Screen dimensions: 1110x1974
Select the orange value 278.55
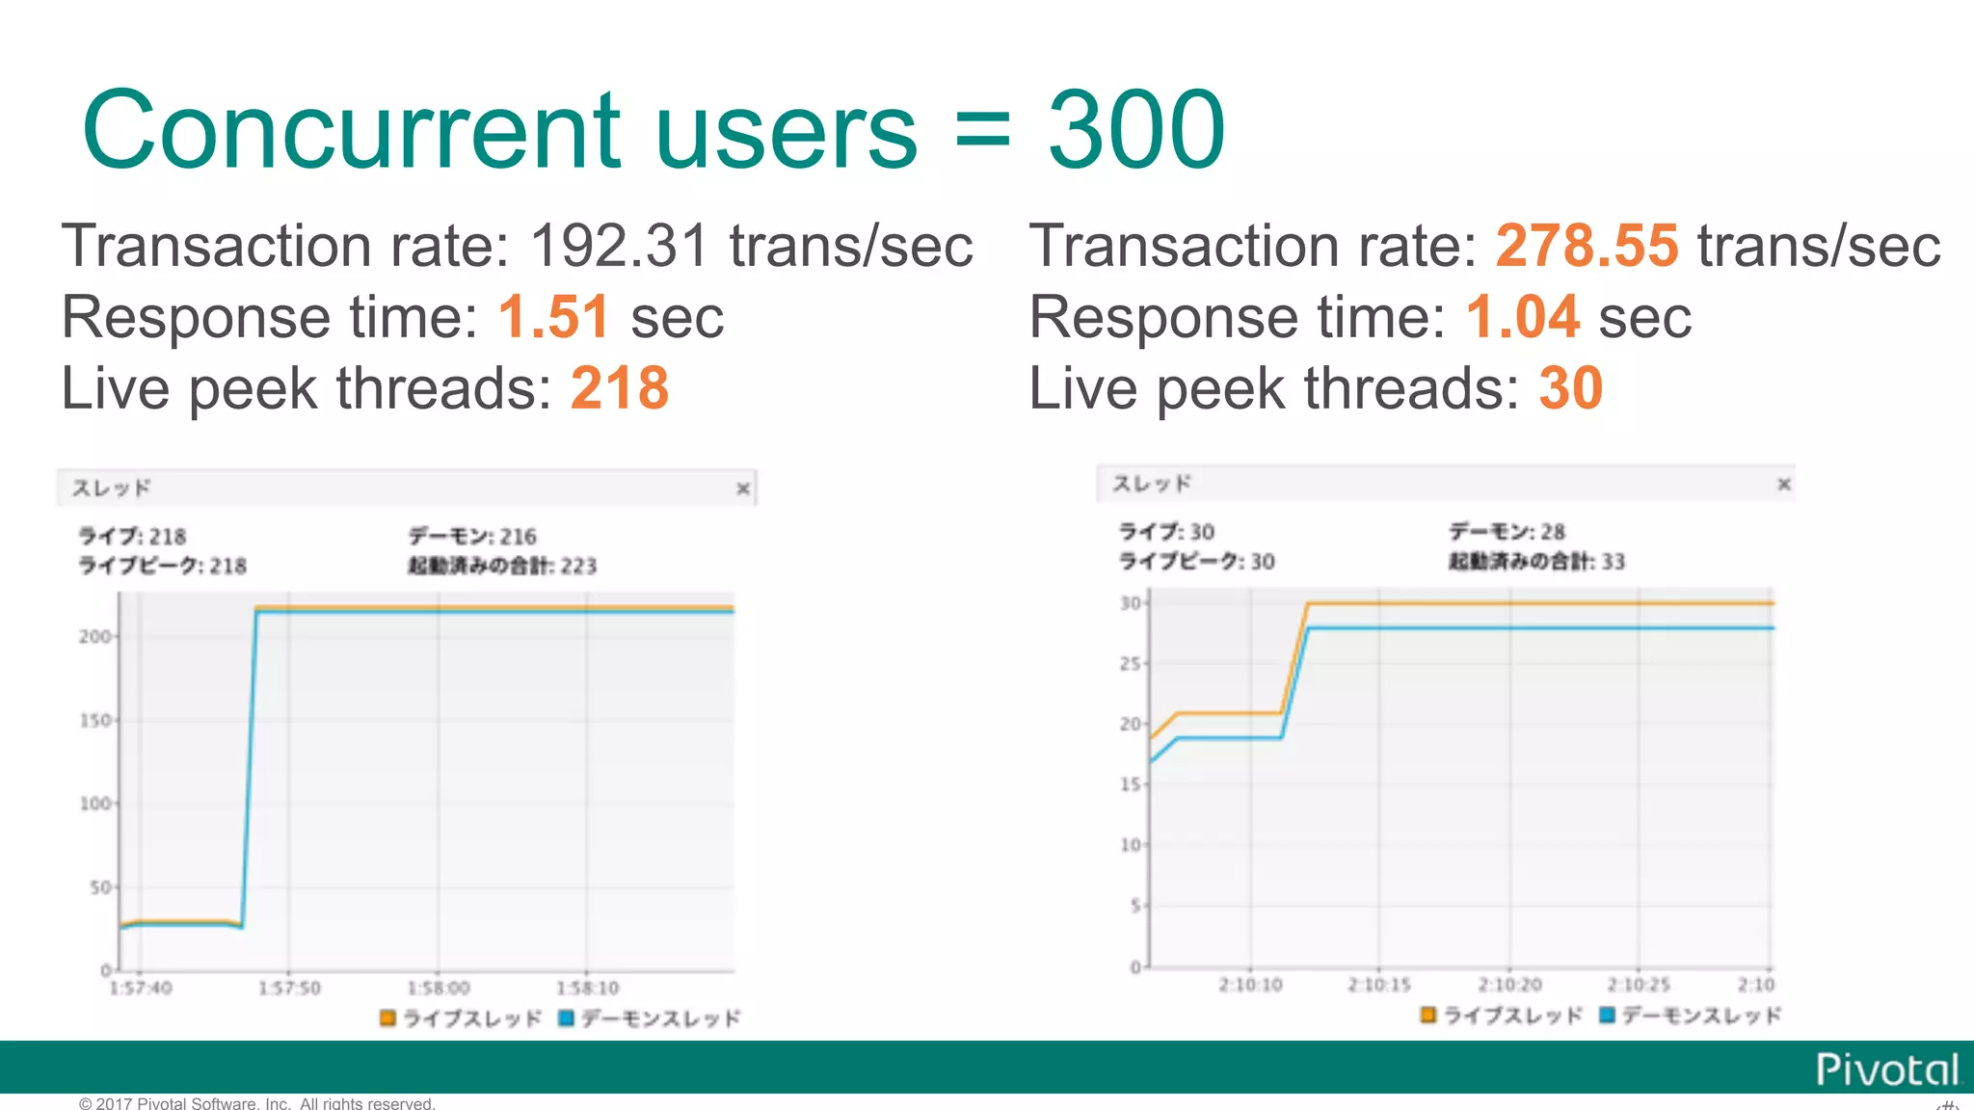(1587, 246)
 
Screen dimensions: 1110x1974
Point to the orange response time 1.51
(554, 317)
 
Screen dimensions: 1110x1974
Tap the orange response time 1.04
(1523, 317)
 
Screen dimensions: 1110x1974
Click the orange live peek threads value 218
(620, 388)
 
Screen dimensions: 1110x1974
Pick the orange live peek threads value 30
(1570, 388)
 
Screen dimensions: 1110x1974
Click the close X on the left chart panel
(743, 489)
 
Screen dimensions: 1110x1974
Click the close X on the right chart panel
(1784, 484)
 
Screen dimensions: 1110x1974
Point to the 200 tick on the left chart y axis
(95, 637)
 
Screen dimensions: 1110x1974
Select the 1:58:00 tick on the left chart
(439, 988)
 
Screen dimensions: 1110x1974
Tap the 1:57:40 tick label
(141, 988)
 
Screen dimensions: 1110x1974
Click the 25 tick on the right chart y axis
(1130, 664)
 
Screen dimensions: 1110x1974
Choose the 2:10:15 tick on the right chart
(1379, 985)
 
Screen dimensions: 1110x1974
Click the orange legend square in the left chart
(387, 1017)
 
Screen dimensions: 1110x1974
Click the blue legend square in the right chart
(1607, 1015)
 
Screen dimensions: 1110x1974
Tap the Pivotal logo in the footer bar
(1886, 1070)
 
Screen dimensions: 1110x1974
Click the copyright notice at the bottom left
(256, 1103)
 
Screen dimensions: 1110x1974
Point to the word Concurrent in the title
(352, 129)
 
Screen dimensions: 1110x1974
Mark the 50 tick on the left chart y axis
(101, 887)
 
